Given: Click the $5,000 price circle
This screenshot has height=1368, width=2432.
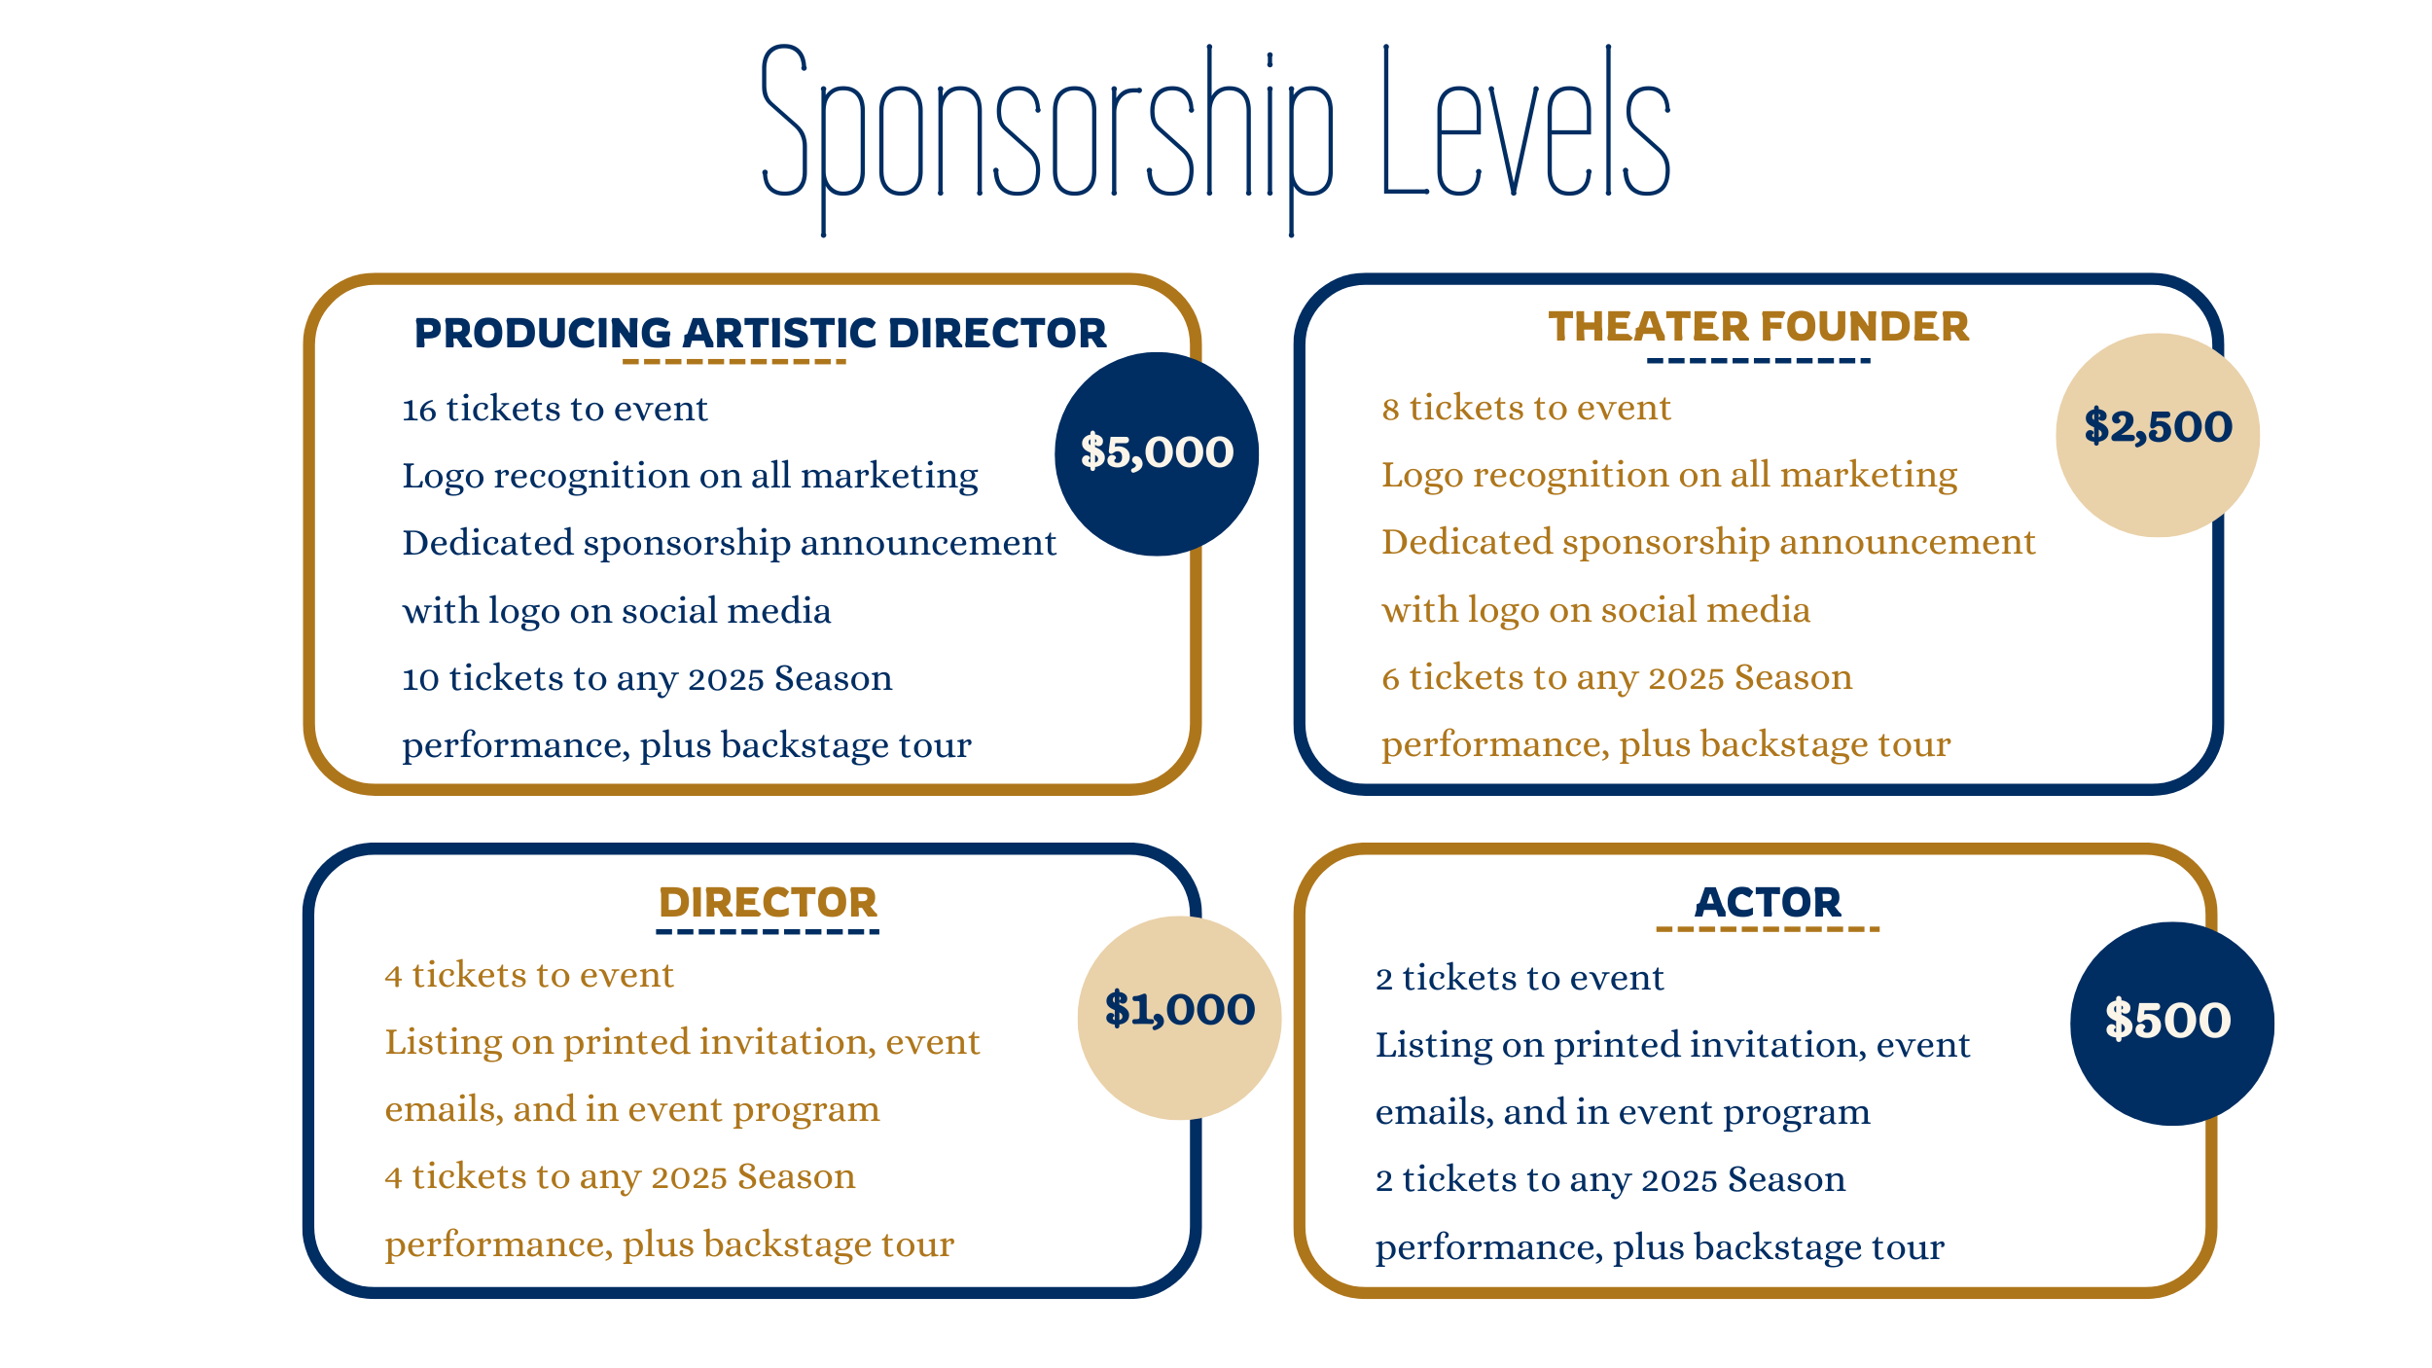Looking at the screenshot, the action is (x=1157, y=454).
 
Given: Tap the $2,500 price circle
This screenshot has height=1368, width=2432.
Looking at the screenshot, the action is (x=2158, y=435).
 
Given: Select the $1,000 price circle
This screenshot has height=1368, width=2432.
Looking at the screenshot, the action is (x=1179, y=1018).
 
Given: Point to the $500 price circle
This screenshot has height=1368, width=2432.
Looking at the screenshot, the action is (x=2172, y=1024).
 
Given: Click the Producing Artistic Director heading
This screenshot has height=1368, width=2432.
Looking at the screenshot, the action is (x=760, y=333).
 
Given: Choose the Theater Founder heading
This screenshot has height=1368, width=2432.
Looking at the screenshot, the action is (x=1759, y=326).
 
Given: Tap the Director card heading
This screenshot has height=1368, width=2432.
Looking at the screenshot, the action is (x=768, y=902).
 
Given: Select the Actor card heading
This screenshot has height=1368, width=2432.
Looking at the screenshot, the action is (x=1768, y=902).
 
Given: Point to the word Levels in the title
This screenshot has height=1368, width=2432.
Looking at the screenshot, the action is (x=1526, y=121).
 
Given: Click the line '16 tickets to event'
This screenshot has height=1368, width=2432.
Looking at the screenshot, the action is (x=554, y=410).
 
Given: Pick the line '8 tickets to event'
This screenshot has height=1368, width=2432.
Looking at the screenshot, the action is (x=1526, y=409).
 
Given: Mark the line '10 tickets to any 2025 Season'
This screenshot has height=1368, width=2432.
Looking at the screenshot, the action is (x=647, y=678).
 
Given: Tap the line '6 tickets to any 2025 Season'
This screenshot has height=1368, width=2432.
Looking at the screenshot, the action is (x=1617, y=677).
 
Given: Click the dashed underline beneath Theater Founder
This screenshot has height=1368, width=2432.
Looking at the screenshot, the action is (x=1759, y=361).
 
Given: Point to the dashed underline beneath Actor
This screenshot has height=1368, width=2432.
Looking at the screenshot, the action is (x=1768, y=929).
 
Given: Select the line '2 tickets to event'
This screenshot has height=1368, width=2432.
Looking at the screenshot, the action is (x=1520, y=978).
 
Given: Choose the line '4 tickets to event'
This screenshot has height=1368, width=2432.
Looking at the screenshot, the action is (x=529, y=975).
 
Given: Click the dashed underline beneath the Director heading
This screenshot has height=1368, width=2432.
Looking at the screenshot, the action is (x=768, y=931).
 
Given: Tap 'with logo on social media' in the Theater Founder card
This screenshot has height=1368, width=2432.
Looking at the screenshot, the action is (x=1596, y=611).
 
